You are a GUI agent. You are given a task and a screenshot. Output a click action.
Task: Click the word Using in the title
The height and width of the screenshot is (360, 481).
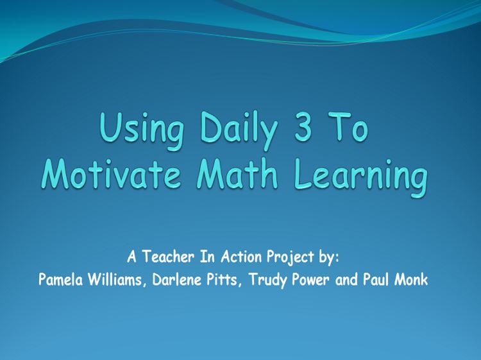point(142,130)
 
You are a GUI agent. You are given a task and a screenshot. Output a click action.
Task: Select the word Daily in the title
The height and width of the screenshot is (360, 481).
point(239,130)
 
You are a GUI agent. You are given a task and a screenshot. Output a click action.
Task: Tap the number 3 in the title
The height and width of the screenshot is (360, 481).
point(303,127)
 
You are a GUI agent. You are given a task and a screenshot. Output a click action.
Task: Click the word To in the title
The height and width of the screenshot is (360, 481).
point(348,127)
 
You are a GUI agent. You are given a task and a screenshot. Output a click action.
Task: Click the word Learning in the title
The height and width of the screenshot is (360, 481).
point(360,177)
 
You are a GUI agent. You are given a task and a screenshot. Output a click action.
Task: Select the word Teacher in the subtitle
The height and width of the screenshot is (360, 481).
point(168,256)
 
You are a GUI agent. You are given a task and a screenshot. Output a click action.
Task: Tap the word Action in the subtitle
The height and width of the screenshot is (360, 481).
point(241,256)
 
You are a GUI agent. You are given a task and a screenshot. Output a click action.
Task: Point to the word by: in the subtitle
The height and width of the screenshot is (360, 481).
point(329,258)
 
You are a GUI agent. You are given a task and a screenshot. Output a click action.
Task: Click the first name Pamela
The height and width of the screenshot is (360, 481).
point(61,279)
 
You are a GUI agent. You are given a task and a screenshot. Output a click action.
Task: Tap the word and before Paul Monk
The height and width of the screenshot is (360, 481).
point(346,279)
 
